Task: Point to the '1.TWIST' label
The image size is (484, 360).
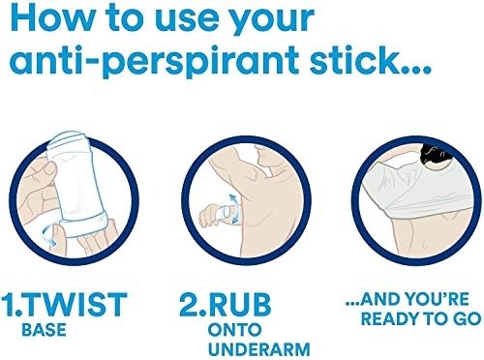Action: tap(64, 304)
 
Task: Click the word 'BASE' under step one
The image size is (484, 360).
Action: tap(44, 330)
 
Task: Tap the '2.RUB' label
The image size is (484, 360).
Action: tap(226, 304)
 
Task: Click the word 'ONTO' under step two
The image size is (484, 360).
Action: tap(234, 330)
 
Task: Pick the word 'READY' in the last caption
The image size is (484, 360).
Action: tap(389, 318)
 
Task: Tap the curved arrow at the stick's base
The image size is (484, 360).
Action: tap(48, 234)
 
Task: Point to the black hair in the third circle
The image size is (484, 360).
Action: tap(436, 156)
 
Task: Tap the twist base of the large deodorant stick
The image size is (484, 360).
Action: tap(84, 225)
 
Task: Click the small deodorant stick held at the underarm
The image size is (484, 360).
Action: tap(225, 212)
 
